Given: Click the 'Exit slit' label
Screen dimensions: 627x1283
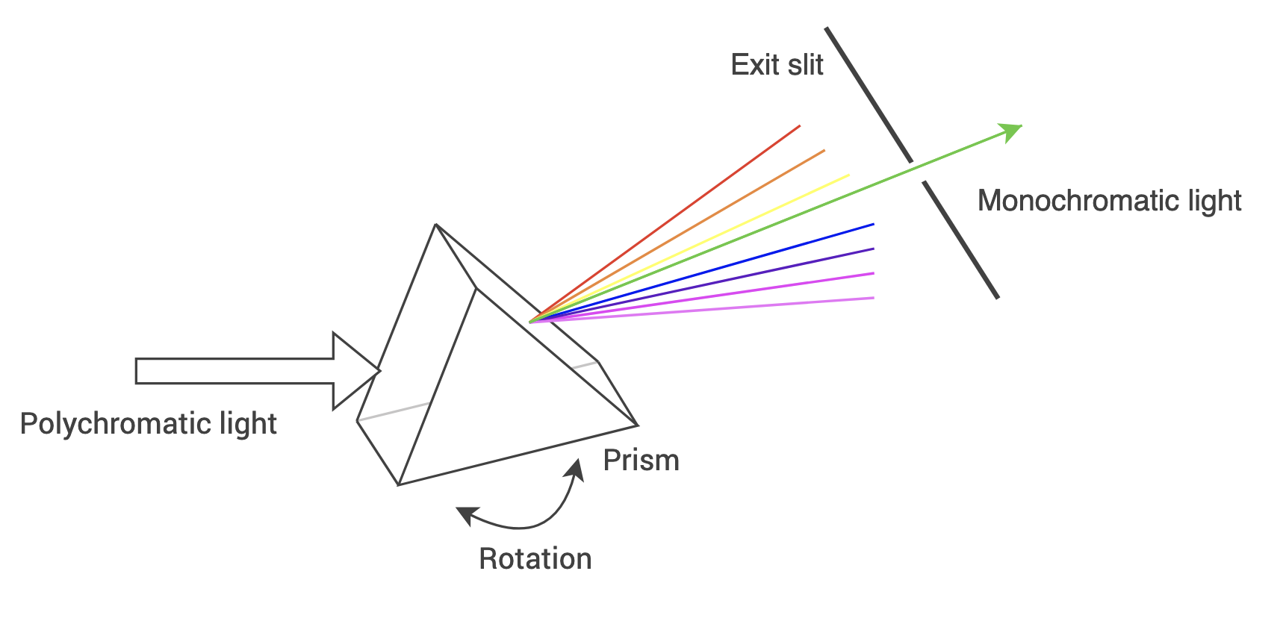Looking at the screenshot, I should (x=777, y=65).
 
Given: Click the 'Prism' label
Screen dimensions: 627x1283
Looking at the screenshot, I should (x=641, y=461).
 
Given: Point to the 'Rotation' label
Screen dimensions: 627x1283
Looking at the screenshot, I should (x=535, y=559).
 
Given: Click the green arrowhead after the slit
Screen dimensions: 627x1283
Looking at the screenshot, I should (x=1012, y=131).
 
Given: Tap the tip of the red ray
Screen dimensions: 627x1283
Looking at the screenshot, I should (x=799, y=126).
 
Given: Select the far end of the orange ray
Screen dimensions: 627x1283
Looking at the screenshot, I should (x=824, y=151).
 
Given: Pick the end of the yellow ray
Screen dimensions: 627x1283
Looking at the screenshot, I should (x=848, y=175).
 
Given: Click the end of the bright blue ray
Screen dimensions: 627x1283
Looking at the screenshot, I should (x=872, y=224).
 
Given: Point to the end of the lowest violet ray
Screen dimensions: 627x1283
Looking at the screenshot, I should (x=872, y=298).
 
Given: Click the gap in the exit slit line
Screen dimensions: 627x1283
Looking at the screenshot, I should (x=918, y=171).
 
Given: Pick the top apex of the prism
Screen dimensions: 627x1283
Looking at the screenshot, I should (x=435, y=224).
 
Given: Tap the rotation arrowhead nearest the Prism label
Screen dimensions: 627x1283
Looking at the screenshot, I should (x=576, y=468).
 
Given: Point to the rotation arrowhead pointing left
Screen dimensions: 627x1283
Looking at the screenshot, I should (x=465, y=514).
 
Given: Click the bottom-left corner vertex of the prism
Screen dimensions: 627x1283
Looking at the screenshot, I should (x=399, y=484).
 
